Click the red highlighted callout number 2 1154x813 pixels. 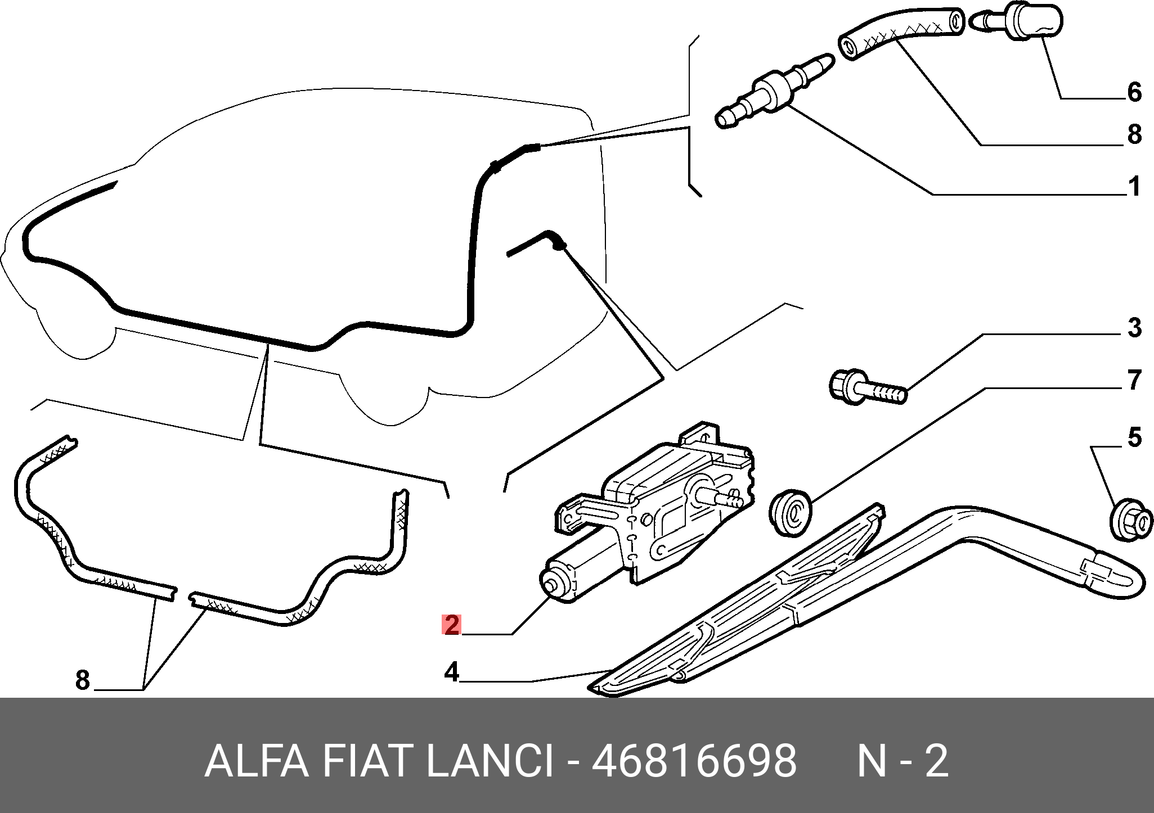pos(452,625)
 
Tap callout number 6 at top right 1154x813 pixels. pos(1134,91)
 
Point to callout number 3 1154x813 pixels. pos(1134,327)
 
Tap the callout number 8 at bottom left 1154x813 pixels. pos(82,680)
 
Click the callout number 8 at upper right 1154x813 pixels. pos(1134,135)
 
